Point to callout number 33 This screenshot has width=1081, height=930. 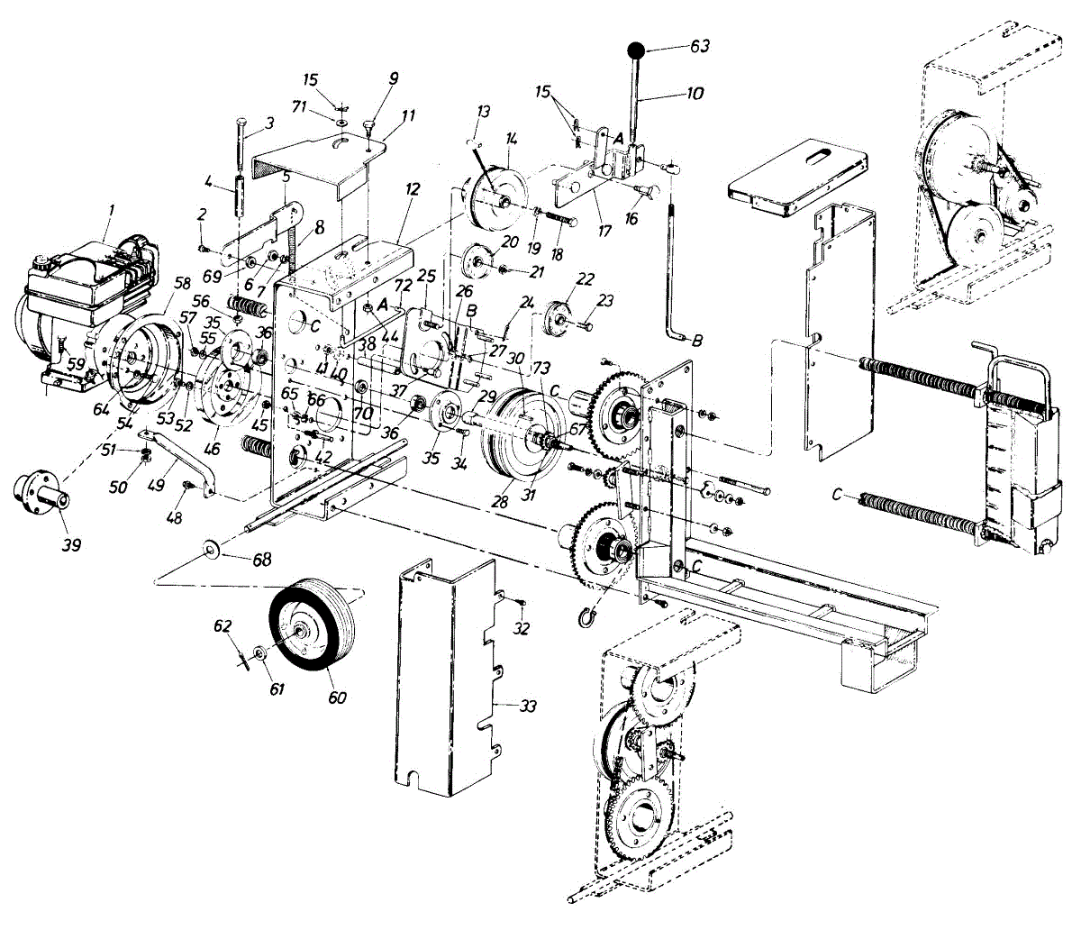tap(527, 707)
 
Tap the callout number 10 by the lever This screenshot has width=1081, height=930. tap(695, 93)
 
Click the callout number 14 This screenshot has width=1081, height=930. tap(512, 139)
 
